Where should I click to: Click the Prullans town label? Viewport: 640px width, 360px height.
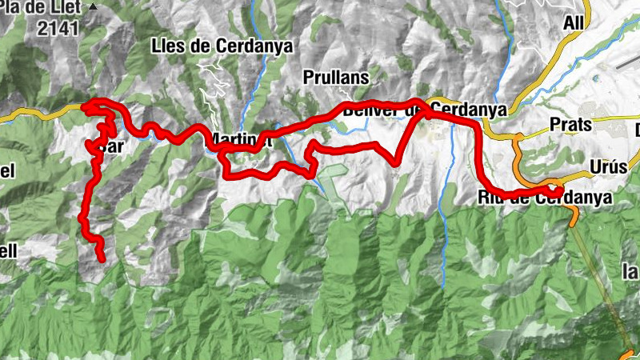point(336,78)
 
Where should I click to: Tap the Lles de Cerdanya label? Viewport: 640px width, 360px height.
point(222,46)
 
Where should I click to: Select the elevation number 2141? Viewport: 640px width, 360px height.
point(54,28)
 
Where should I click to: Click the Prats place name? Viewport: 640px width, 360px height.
point(570,125)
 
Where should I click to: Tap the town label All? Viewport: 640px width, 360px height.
point(574,22)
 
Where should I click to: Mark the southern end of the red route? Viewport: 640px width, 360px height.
point(102,258)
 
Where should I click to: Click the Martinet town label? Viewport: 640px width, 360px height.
point(240,142)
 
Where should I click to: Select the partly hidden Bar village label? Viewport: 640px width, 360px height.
point(112,148)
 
